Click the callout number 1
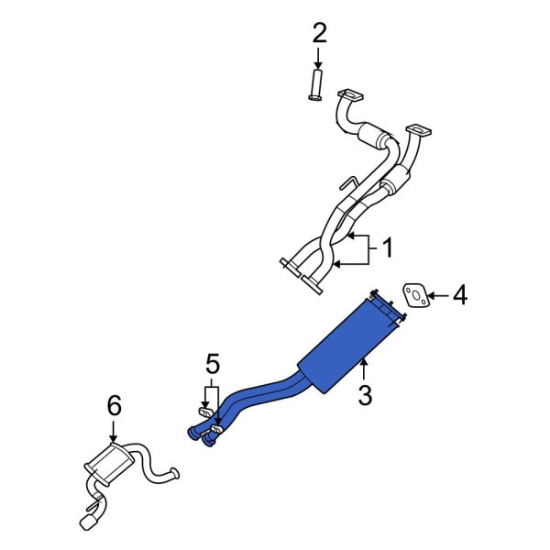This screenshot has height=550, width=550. pos(387,247)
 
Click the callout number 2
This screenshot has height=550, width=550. pos(319,34)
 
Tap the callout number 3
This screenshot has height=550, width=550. pos(365,396)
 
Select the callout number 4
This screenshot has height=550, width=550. pos(460,295)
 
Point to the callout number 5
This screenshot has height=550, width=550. pos(213,366)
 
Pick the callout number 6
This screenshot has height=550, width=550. pos(114,404)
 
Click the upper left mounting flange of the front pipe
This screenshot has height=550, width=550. pos(349,94)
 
